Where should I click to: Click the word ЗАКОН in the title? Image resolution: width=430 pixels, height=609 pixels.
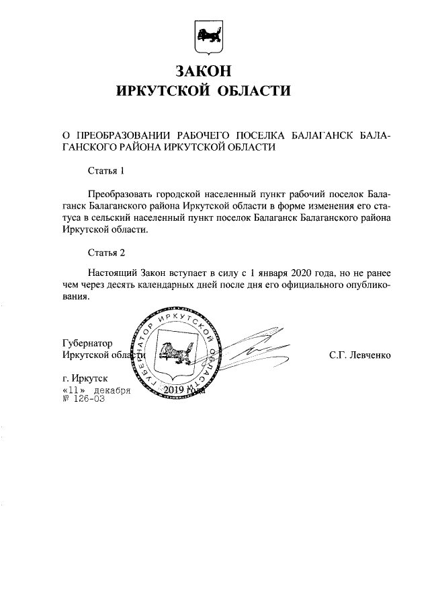tap(206, 70)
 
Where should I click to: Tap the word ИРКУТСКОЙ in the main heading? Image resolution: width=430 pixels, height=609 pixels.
tap(160, 91)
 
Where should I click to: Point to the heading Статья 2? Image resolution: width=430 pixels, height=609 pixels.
tap(107, 253)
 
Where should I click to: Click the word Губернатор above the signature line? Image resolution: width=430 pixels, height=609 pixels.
tap(86, 343)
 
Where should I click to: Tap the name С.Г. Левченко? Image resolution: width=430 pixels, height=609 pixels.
tap(359, 355)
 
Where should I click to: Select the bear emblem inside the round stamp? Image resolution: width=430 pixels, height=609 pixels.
tap(175, 355)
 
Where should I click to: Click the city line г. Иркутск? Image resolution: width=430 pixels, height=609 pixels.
tap(83, 378)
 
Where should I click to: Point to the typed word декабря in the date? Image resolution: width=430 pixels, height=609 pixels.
tap(111, 390)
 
